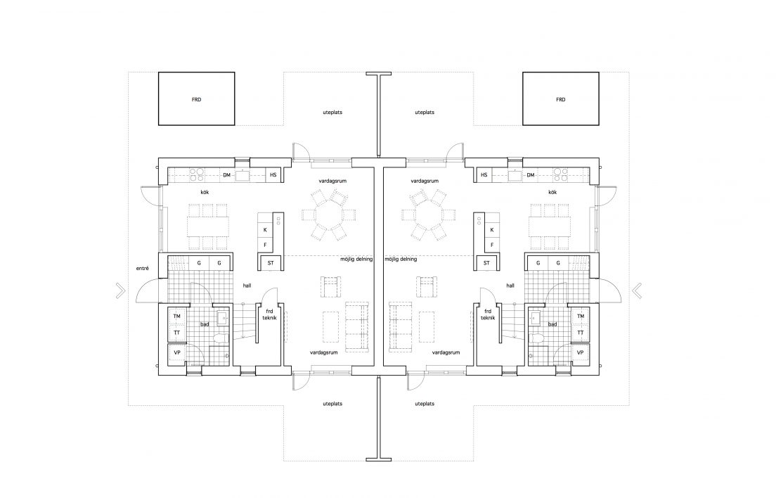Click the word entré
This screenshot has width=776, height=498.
click(143, 268)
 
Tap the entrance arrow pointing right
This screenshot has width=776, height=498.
click(120, 290)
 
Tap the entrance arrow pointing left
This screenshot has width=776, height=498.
click(637, 290)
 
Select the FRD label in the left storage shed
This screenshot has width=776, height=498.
click(197, 99)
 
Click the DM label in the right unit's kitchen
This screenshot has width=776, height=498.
click(531, 174)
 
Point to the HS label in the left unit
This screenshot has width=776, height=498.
click(273, 174)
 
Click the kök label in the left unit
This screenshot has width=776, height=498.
click(205, 192)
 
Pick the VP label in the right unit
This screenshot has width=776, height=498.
click(581, 352)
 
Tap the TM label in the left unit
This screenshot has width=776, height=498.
click(176, 316)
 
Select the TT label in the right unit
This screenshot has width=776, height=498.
click(581, 333)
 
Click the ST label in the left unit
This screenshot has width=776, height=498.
click(271, 263)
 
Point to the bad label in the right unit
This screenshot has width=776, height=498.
click(552, 324)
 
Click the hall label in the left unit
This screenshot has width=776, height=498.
click(247, 286)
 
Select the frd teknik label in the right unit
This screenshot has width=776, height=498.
click(488, 314)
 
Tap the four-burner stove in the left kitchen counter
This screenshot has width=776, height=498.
click(197, 174)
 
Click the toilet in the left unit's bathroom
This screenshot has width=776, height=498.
click(220, 338)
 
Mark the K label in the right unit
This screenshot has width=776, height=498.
click(492, 230)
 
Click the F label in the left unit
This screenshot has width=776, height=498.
click(265, 245)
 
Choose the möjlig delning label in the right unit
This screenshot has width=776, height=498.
click(401, 259)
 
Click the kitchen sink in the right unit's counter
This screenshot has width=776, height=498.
click(515, 175)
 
